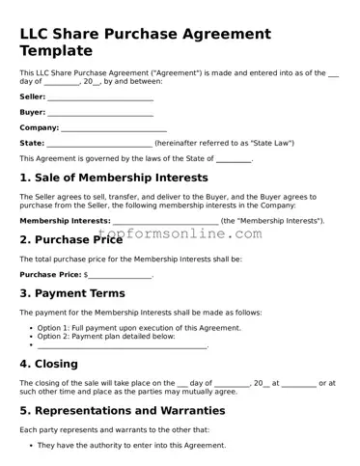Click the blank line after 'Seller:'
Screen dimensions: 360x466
(x=100, y=98)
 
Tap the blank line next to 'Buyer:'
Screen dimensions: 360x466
(x=99, y=113)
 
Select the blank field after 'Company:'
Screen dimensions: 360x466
(x=114, y=128)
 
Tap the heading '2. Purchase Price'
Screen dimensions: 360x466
(x=70, y=239)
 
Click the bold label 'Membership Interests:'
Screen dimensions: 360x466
(x=65, y=221)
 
